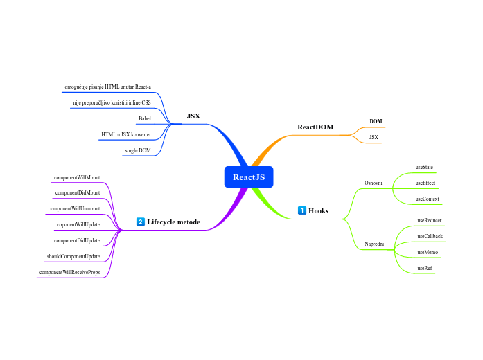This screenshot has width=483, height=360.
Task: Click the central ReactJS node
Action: (249, 177)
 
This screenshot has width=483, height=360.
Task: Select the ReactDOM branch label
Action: (315, 127)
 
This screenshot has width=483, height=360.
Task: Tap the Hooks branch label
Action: (319, 210)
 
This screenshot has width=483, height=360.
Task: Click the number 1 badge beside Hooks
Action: (302, 210)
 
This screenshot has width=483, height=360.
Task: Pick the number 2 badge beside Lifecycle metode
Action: (141, 222)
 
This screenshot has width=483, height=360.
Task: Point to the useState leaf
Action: (424, 167)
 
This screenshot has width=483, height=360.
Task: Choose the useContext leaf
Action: (427, 199)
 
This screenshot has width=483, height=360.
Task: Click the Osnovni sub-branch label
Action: (374, 183)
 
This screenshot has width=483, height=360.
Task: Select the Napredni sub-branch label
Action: (374, 244)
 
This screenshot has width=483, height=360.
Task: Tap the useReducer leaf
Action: (430, 220)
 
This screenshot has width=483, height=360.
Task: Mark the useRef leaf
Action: (424, 267)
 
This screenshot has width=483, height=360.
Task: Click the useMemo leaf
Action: (427, 252)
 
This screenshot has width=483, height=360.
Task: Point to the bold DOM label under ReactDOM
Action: (376, 121)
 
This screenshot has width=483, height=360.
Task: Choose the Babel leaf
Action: (145, 118)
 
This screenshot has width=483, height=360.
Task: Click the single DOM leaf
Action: (138, 150)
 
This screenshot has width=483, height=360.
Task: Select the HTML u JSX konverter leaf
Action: (126, 134)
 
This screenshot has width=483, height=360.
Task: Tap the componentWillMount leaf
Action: (77, 177)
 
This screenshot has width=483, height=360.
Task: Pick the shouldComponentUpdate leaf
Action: (73, 256)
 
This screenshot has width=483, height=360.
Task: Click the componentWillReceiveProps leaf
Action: (69, 272)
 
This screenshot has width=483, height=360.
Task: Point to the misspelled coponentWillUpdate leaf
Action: (78, 224)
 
